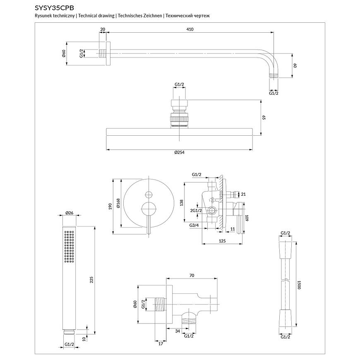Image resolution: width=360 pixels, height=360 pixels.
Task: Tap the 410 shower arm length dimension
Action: tap(190, 29)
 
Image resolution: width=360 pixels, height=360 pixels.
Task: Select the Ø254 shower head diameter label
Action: tap(179, 153)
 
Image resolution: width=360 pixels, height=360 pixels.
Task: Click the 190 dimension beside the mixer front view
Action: tap(109, 206)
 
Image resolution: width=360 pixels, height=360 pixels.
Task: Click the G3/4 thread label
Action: tap(194, 225)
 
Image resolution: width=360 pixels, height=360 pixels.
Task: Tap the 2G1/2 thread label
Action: tap(196, 211)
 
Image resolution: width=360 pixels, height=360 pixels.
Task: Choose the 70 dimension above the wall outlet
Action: tap(192, 275)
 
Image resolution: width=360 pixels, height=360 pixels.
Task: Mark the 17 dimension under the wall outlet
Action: tap(161, 343)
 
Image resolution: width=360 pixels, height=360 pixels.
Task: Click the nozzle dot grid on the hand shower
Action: tap(70, 249)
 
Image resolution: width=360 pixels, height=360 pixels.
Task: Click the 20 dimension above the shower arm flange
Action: tap(103, 29)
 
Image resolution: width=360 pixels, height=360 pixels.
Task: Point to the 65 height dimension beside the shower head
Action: tap(263, 118)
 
